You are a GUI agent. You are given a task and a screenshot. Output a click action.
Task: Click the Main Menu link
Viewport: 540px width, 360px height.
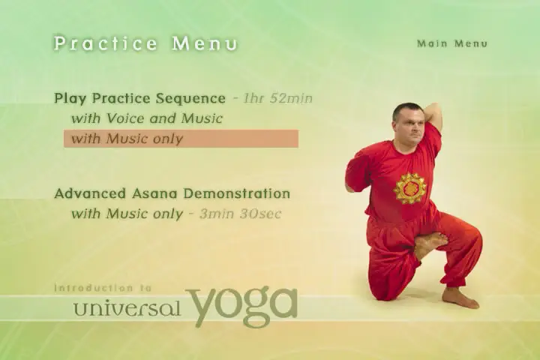click(x=452, y=43)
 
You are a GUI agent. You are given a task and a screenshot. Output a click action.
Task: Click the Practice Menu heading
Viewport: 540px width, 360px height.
click(x=145, y=43)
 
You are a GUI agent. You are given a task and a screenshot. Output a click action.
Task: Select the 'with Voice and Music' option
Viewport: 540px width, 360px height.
click(x=147, y=118)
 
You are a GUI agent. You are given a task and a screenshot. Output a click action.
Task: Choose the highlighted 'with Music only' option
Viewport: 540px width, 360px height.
click(x=181, y=139)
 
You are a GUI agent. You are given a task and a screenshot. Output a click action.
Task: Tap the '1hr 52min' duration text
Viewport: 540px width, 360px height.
click(x=277, y=98)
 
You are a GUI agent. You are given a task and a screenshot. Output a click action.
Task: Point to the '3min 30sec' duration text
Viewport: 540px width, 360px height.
click(x=241, y=214)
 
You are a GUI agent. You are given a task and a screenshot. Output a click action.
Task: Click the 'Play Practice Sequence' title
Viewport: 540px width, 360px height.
click(x=139, y=98)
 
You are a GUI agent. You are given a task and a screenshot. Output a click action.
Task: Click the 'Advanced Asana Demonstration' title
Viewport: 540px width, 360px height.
click(x=172, y=193)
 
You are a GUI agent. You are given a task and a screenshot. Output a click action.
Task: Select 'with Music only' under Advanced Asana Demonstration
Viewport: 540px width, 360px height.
click(x=127, y=214)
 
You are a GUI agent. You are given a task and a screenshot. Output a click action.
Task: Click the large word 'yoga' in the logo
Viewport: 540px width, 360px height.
click(x=241, y=305)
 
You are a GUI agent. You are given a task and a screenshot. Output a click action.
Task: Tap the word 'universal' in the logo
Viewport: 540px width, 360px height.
click(x=127, y=308)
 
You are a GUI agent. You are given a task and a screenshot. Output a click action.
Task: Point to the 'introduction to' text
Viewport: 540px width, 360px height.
click(x=103, y=288)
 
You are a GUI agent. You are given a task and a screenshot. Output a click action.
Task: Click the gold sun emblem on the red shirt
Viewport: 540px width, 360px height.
click(x=409, y=188)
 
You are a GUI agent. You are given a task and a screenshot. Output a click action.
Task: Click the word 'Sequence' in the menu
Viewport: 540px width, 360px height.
click(x=190, y=99)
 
